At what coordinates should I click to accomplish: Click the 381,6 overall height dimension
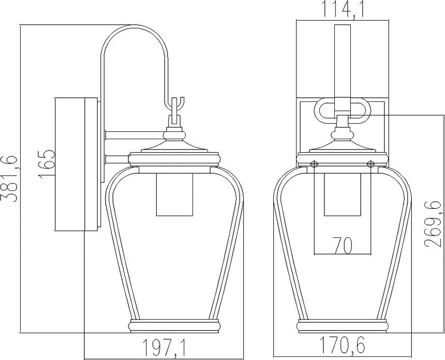coord(9,178)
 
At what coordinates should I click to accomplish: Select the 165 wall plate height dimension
coord(46,164)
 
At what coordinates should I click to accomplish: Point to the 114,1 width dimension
coord(343,10)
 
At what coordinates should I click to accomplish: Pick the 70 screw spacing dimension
coord(343,246)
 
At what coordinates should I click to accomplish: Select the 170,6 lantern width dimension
coord(342,345)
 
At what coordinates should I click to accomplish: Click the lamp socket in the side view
coord(174,194)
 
